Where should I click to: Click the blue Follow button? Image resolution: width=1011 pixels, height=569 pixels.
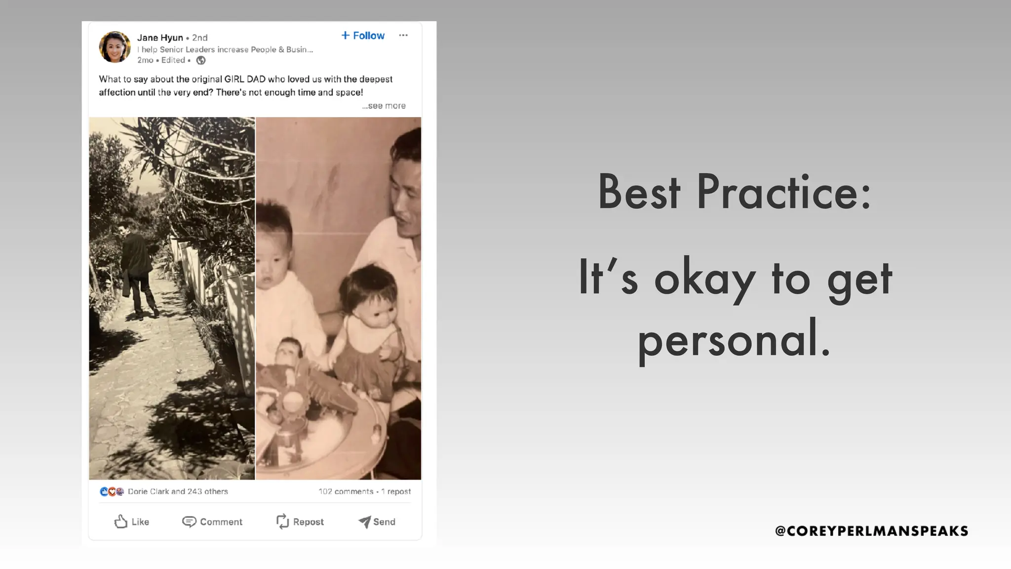click(363, 36)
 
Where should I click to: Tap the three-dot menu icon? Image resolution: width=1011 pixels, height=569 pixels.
click(403, 35)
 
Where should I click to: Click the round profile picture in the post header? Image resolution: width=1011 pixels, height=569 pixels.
click(115, 47)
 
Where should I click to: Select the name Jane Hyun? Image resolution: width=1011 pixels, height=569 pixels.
click(160, 38)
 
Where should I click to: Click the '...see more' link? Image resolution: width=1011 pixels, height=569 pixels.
click(384, 106)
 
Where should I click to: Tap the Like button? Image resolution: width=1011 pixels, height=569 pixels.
click(131, 522)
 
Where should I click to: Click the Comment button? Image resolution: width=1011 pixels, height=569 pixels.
click(212, 522)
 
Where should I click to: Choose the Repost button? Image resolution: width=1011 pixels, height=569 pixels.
click(300, 522)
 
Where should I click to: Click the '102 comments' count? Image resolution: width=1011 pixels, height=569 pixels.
click(346, 491)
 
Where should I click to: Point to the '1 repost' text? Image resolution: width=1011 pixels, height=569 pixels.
click(396, 491)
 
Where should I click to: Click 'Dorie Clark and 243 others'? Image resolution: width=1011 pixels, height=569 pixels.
click(178, 491)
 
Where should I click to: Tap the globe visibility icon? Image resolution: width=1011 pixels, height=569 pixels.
click(201, 60)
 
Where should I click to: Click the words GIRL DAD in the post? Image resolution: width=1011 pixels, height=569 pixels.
click(245, 79)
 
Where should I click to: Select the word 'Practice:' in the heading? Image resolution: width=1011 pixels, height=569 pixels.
click(784, 192)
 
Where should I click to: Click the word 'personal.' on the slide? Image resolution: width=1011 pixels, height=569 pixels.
click(735, 340)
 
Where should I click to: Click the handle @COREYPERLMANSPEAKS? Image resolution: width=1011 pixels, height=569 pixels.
click(871, 531)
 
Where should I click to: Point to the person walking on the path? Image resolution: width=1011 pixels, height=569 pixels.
click(137, 272)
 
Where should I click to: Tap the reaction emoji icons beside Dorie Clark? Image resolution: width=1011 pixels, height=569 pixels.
click(112, 491)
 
